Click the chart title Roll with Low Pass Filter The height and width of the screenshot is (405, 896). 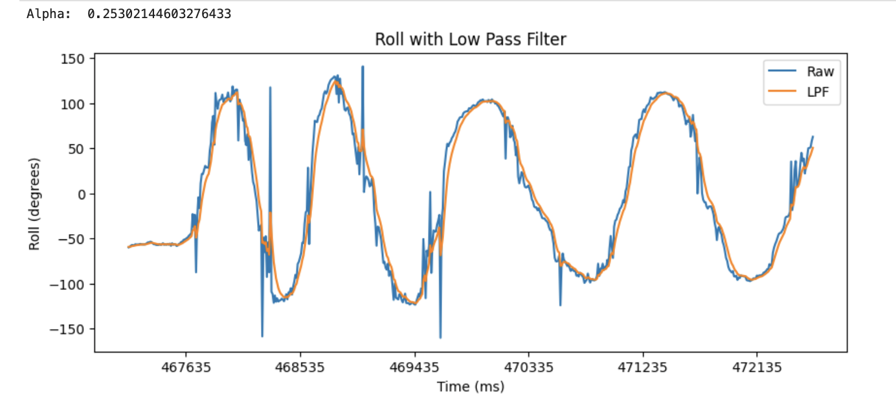point(471,39)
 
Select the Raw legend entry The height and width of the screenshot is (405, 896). point(820,72)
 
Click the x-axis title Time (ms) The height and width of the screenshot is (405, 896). point(471,387)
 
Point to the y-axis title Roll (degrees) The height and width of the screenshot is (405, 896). point(34,204)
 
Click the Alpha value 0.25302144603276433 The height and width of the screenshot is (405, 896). point(159,14)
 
